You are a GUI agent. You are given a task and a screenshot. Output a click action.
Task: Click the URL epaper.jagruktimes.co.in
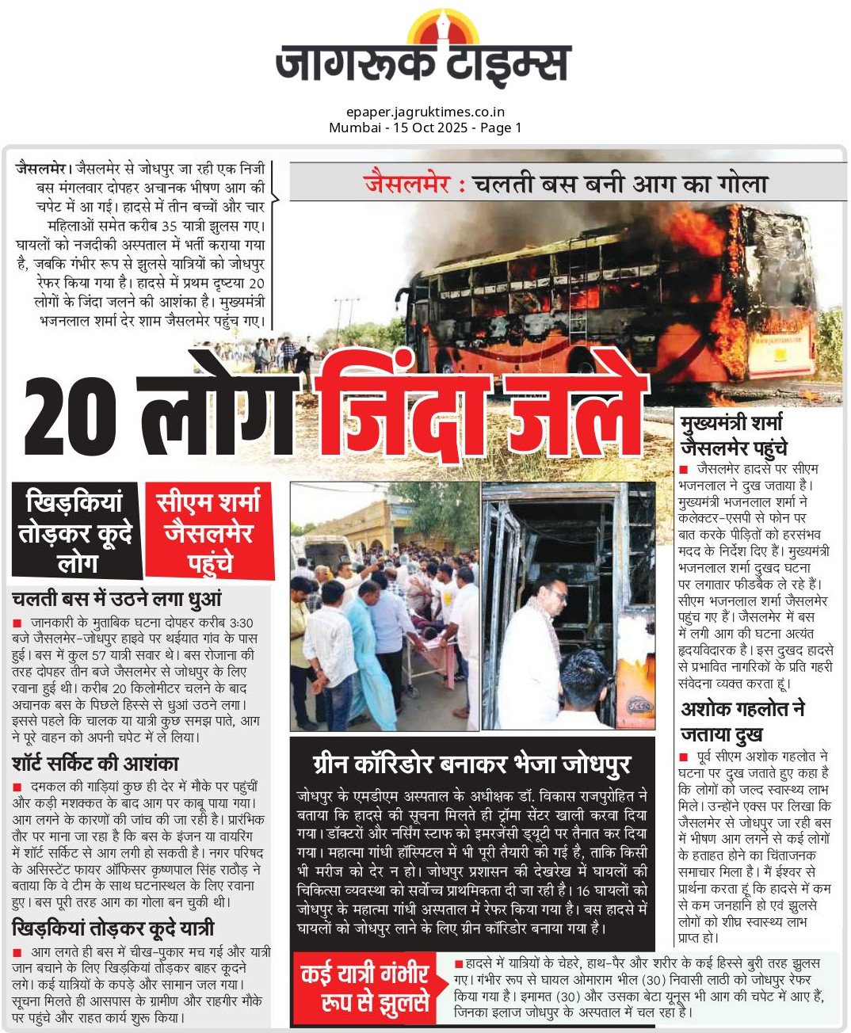pyautogui.click(x=425, y=112)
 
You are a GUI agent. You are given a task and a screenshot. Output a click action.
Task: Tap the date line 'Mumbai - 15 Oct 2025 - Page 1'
pyautogui.click(x=425, y=128)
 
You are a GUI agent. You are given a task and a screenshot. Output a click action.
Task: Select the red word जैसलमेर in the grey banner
pyautogui.click(x=407, y=184)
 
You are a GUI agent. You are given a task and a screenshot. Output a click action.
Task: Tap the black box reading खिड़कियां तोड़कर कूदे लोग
pyautogui.click(x=75, y=532)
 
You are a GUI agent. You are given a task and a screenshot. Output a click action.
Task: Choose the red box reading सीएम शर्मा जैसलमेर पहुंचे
pyautogui.click(x=209, y=532)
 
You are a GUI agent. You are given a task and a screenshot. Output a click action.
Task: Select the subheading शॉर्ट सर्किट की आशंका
pyautogui.click(x=95, y=764)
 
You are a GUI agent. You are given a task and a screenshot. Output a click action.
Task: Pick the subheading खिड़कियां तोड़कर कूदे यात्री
pyautogui.click(x=113, y=928)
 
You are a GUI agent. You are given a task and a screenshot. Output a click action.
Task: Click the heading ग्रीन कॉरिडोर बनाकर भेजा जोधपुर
pyautogui.click(x=472, y=764)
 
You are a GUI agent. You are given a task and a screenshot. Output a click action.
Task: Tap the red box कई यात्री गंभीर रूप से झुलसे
pyautogui.click(x=365, y=988)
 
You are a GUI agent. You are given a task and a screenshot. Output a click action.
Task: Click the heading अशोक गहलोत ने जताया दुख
pyautogui.click(x=742, y=721)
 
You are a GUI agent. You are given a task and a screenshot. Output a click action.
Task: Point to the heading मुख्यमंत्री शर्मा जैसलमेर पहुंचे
pyautogui.click(x=733, y=435)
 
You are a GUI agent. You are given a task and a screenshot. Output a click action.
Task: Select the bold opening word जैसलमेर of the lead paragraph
pyautogui.click(x=41, y=169)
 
